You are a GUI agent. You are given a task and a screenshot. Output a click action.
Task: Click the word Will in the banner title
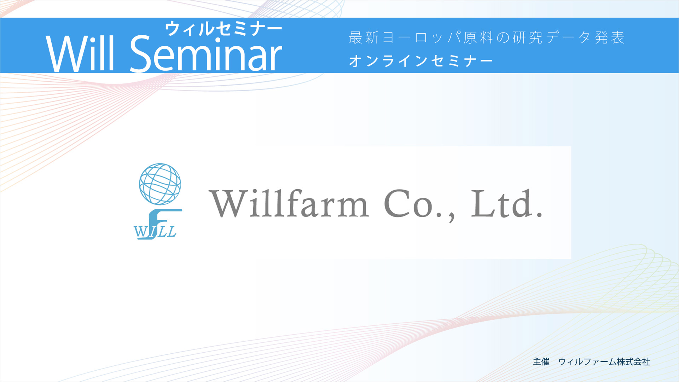[80, 53]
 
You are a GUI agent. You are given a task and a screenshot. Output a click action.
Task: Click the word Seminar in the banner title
[206, 53]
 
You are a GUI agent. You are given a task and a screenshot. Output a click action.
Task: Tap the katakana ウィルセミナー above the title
[224, 29]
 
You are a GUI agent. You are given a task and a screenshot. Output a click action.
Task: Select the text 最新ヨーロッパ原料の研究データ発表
[487, 37]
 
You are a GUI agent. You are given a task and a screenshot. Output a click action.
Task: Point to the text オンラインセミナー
[421, 61]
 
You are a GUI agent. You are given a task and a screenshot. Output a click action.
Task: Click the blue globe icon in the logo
[160, 184]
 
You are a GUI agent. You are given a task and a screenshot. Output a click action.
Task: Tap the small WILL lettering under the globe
[155, 232]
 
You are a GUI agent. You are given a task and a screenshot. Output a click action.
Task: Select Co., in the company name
[419, 205]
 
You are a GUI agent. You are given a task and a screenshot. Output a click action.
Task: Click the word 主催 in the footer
[541, 361]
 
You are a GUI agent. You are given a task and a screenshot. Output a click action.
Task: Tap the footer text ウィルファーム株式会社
[604, 361]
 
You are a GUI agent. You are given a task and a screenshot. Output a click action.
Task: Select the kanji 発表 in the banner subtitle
[610, 37]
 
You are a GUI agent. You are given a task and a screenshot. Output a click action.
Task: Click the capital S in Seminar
[141, 53]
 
